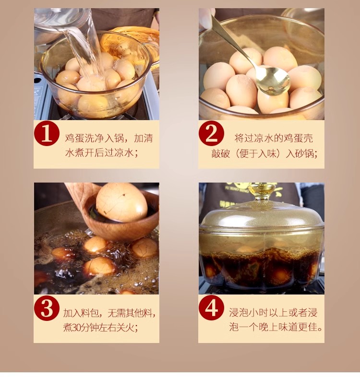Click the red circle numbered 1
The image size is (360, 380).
pyautogui.click(x=47, y=134)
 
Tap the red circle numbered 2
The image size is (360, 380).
pyautogui.click(x=211, y=133)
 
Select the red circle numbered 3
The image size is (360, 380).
pyautogui.click(x=47, y=308)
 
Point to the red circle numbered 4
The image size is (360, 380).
pyautogui.click(x=211, y=308)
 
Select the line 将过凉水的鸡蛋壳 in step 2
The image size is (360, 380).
pyautogui.click(x=274, y=138)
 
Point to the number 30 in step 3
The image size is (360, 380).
pyautogui.click(x=76, y=328)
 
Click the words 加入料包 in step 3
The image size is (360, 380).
pyautogui.click(x=81, y=313)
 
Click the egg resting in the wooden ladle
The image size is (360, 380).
pyautogui.click(x=121, y=202)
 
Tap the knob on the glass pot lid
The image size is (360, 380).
pyautogui.click(x=262, y=191)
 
